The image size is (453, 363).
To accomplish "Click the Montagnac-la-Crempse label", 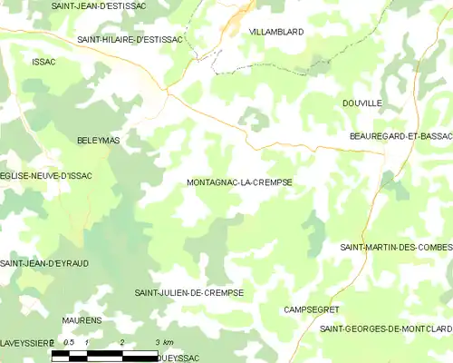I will pyautogui.click(x=239, y=182).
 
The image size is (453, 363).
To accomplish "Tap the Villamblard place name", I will pyautogui.click(x=275, y=31).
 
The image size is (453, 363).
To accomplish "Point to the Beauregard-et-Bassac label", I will pyautogui.click(x=400, y=135).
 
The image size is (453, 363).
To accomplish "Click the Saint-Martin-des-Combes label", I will pyautogui.click(x=396, y=248).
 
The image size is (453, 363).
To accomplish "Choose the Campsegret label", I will pyautogui.click(x=311, y=309).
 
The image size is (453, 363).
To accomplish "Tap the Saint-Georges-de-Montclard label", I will pyautogui.click(x=386, y=328).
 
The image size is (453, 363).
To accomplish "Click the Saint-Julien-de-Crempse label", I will pyautogui.click(x=189, y=292).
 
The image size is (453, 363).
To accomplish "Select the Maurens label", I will pyautogui.click(x=82, y=321).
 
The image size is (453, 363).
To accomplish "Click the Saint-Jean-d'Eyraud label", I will pyautogui.click(x=44, y=263).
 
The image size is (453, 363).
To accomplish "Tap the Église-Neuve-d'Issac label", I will pyautogui.click(x=47, y=174).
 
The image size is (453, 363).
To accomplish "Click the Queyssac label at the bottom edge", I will pyautogui.click(x=178, y=358).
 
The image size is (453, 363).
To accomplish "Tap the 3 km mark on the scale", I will pyautogui.click(x=162, y=341).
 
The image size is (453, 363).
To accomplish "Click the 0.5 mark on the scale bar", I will pyautogui.click(x=69, y=341).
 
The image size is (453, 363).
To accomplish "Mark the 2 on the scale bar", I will pyautogui.click(x=120, y=341).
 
